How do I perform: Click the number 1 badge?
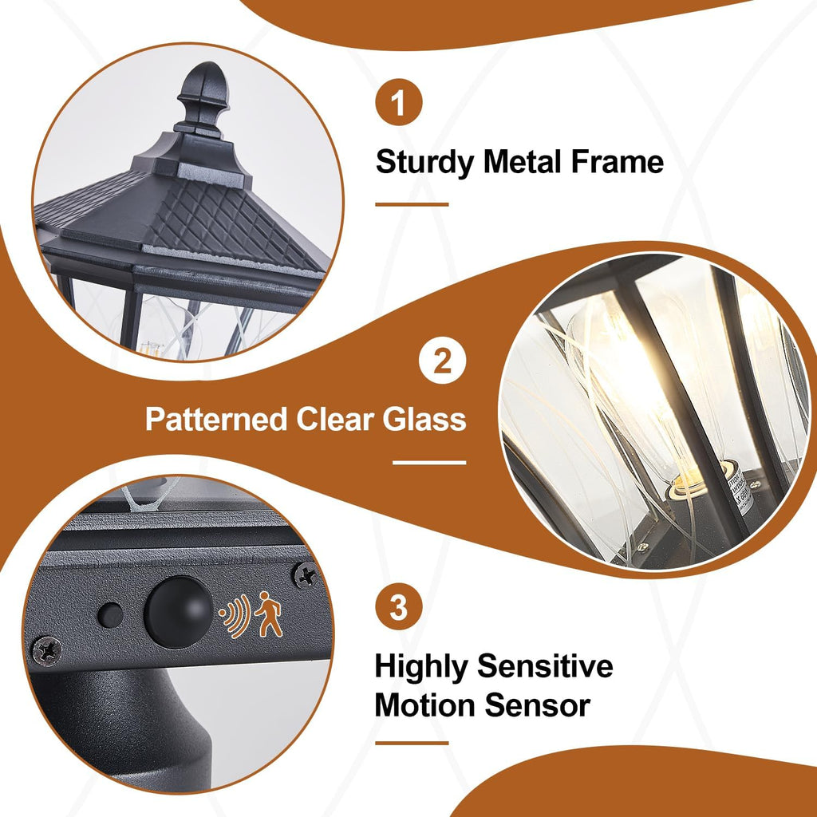click(x=398, y=104)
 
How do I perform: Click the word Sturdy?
click(x=424, y=162)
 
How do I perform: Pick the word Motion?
click(x=423, y=705)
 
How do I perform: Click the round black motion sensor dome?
click(x=178, y=611)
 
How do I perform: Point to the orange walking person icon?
click(x=269, y=616)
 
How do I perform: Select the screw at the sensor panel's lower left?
click(x=48, y=650)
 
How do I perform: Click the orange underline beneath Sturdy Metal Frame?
click(x=412, y=204)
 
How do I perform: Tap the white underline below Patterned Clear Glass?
click(x=429, y=462)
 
